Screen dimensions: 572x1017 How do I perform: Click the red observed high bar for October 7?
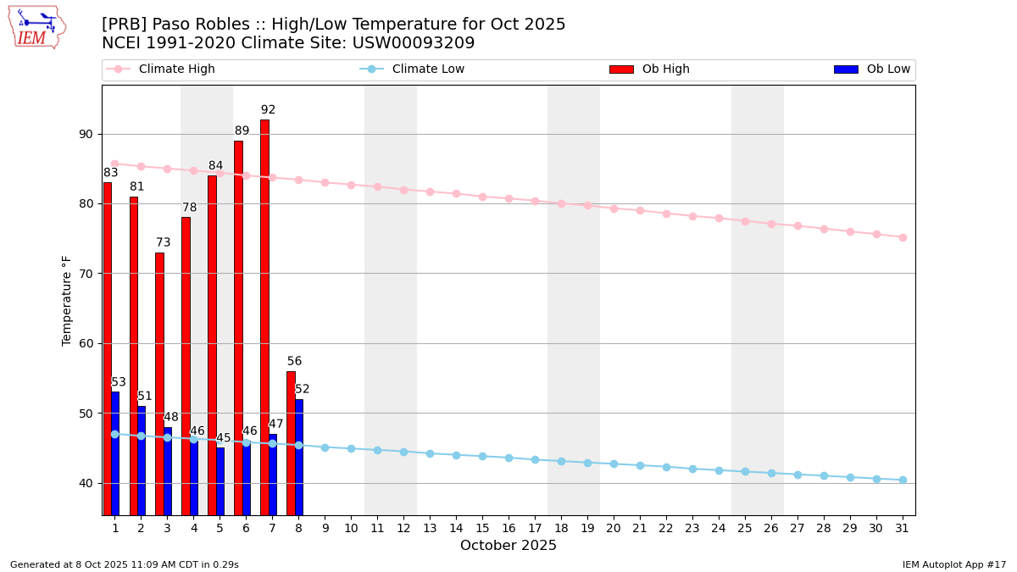(x=264, y=317)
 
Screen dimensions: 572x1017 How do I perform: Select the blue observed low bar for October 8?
(x=299, y=457)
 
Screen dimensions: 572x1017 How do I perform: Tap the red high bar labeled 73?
(x=159, y=383)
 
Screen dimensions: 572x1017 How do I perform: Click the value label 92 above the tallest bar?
(x=268, y=110)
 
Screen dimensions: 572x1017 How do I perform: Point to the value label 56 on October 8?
(x=294, y=362)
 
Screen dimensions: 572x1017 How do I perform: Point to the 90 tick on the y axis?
(x=86, y=134)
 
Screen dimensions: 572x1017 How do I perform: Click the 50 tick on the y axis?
(x=86, y=414)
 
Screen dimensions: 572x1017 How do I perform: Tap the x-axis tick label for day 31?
(x=903, y=528)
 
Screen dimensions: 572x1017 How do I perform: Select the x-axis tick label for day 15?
(x=482, y=528)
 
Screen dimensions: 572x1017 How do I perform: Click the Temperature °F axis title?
(x=68, y=300)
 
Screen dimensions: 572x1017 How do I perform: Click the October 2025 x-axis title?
(x=508, y=546)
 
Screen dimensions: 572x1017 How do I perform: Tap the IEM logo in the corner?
(x=36, y=27)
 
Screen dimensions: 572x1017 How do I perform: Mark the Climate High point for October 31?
(x=903, y=237)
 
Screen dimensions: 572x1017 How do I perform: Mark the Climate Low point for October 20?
(x=614, y=464)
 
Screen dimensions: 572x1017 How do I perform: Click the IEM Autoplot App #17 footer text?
(x=954, y=564)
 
